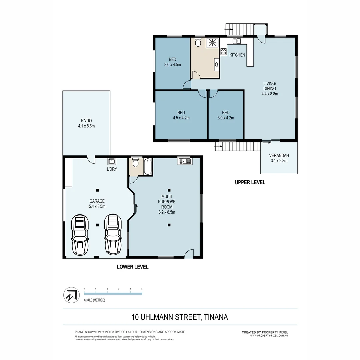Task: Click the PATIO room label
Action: pyautogui.click(x=86, y=121)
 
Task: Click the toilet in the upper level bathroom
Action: pyautogui.click(x=198, y=43)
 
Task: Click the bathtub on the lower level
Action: pyautogui.click(x=148, y=167)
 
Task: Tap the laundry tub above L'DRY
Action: pyautogui.click(x=112, y=162)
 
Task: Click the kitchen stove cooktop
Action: pyautogui.click(x=223, y=52)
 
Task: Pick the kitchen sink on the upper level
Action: pyautogui.click(x=237, y=41)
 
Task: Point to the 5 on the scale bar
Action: pyautogui.click(x=142, y=289)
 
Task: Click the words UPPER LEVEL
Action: pyautogui.click(x=250, y=182)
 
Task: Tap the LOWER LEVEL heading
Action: pyautogui.click(x=132, y=267)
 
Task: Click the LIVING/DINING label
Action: pyautogui.click(x=270, y=86)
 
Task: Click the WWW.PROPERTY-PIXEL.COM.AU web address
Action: pyautogui.click(x=269, y=336)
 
